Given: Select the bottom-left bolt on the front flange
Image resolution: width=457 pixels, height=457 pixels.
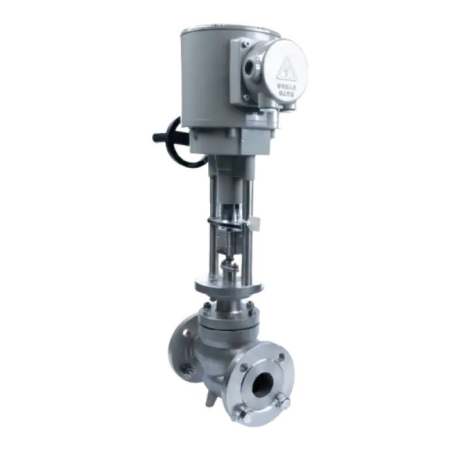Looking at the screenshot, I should click(243, 411).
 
